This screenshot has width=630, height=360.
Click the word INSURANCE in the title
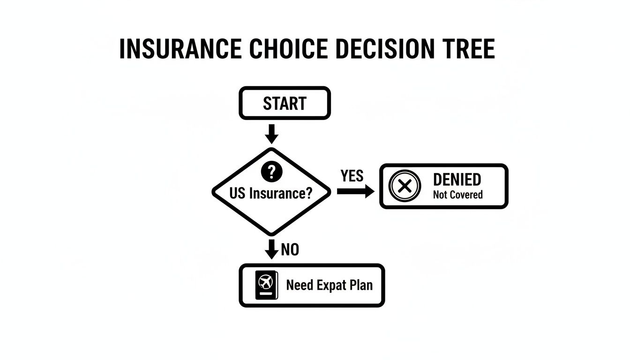point(180,49)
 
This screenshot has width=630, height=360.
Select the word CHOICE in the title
point(289,49)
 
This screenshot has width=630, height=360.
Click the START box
point(285,103)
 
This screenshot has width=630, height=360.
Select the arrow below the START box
point(271,134)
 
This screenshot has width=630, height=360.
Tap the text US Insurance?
point(271,193)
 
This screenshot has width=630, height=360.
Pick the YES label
point(352,176)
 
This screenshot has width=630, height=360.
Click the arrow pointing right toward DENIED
point(355,191)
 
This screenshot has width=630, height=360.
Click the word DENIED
point(457,180)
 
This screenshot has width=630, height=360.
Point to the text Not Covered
point(457,195)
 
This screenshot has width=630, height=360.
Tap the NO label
point(290,250)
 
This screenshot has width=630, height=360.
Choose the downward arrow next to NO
point(271,249)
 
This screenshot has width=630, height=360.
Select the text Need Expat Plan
point(329,285)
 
